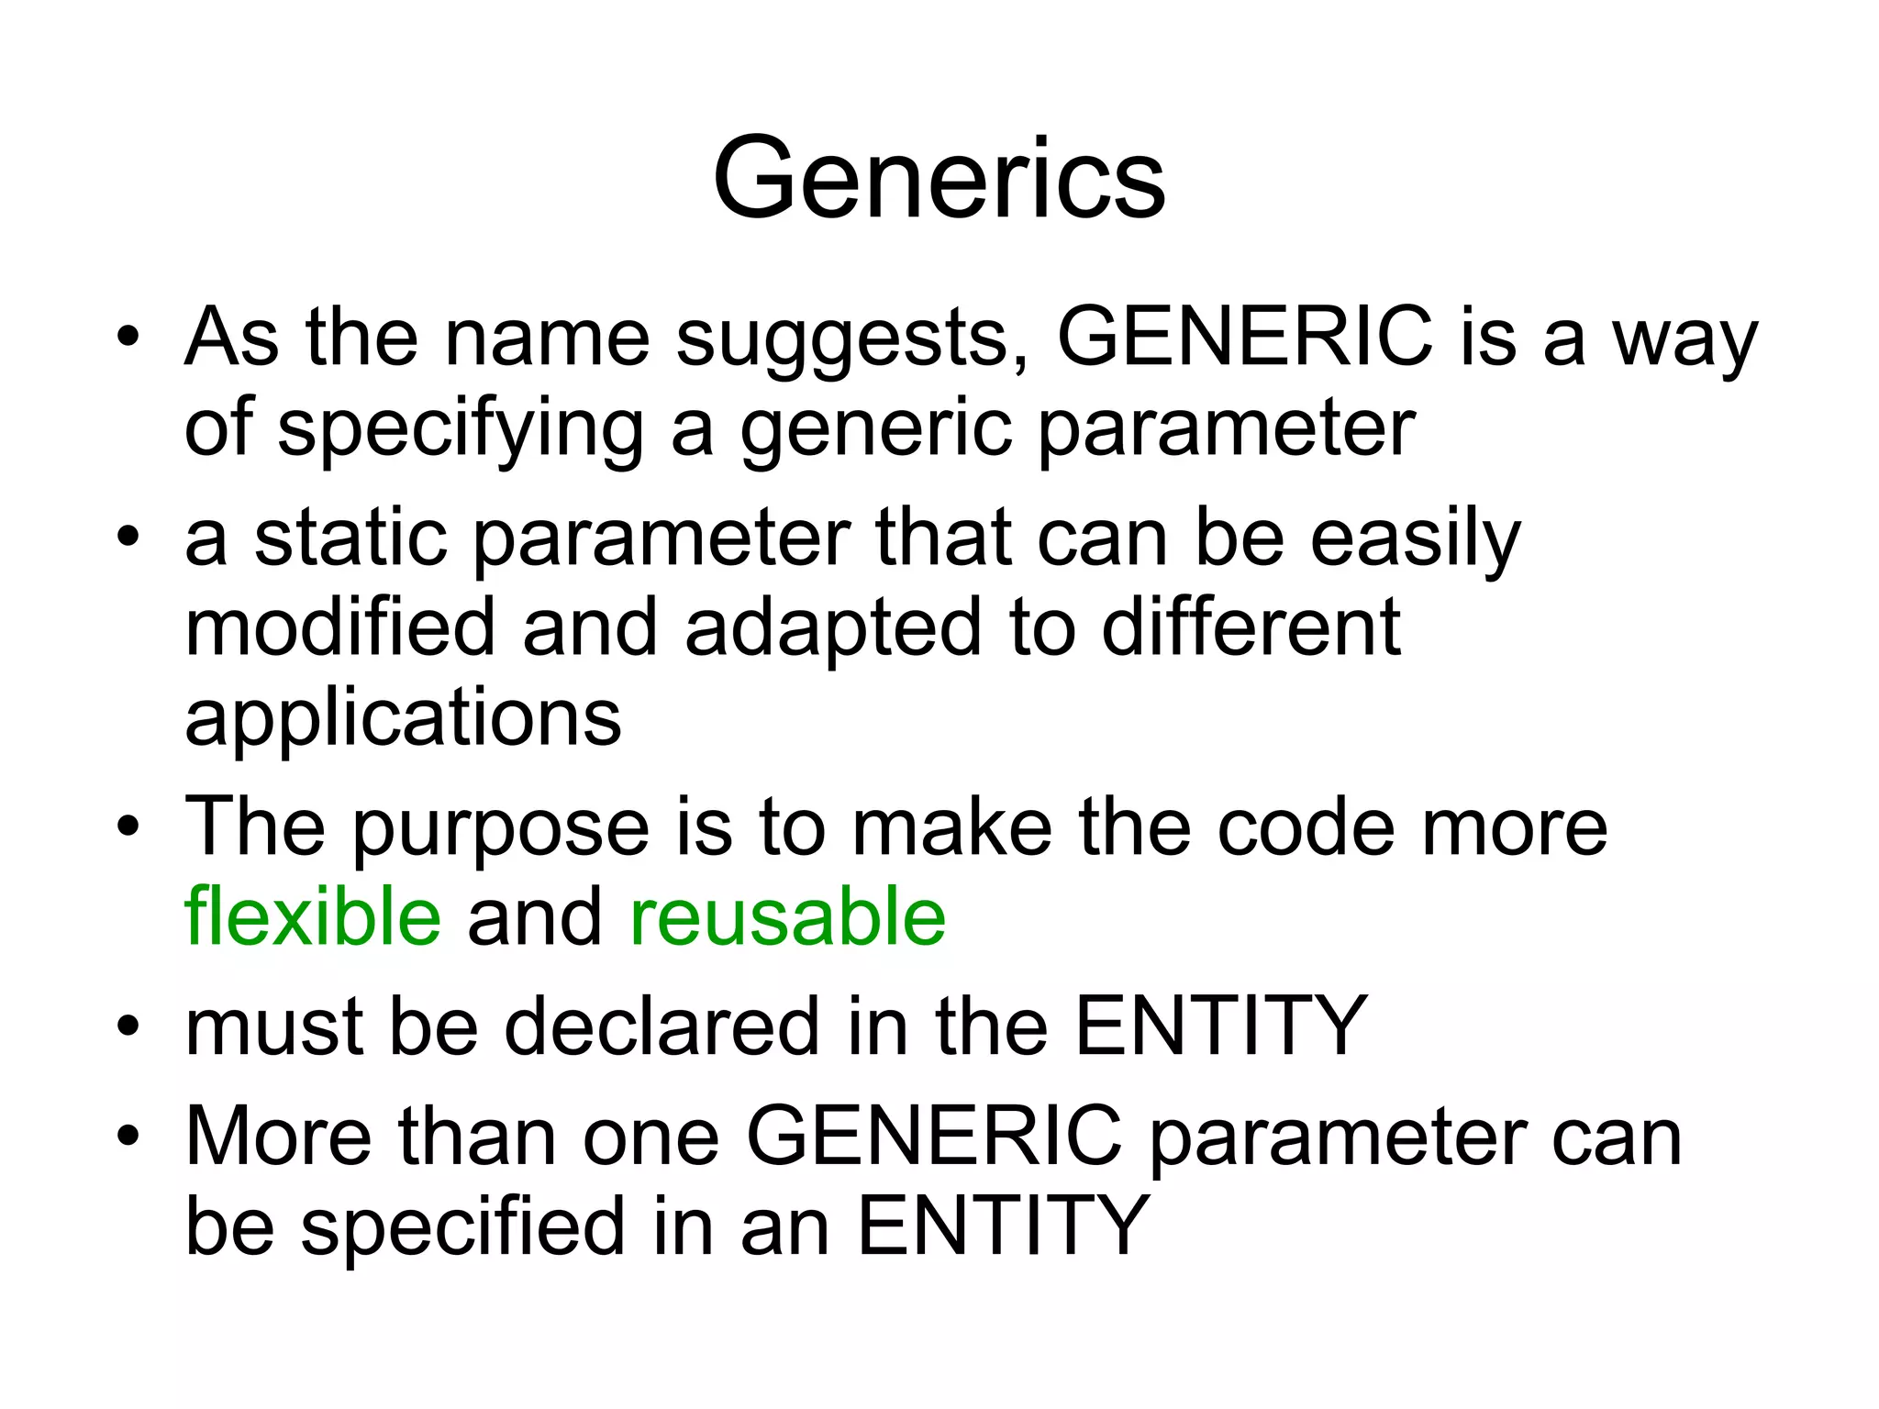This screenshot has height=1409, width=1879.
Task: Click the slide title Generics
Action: [x=939, y=178]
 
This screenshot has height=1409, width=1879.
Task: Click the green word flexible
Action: [x=312, y=916]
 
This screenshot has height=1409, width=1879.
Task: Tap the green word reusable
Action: [x=787, y=916]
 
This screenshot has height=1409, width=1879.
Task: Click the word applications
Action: [x=403, y=719]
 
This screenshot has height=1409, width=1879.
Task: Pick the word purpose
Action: [x=501, y=829]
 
